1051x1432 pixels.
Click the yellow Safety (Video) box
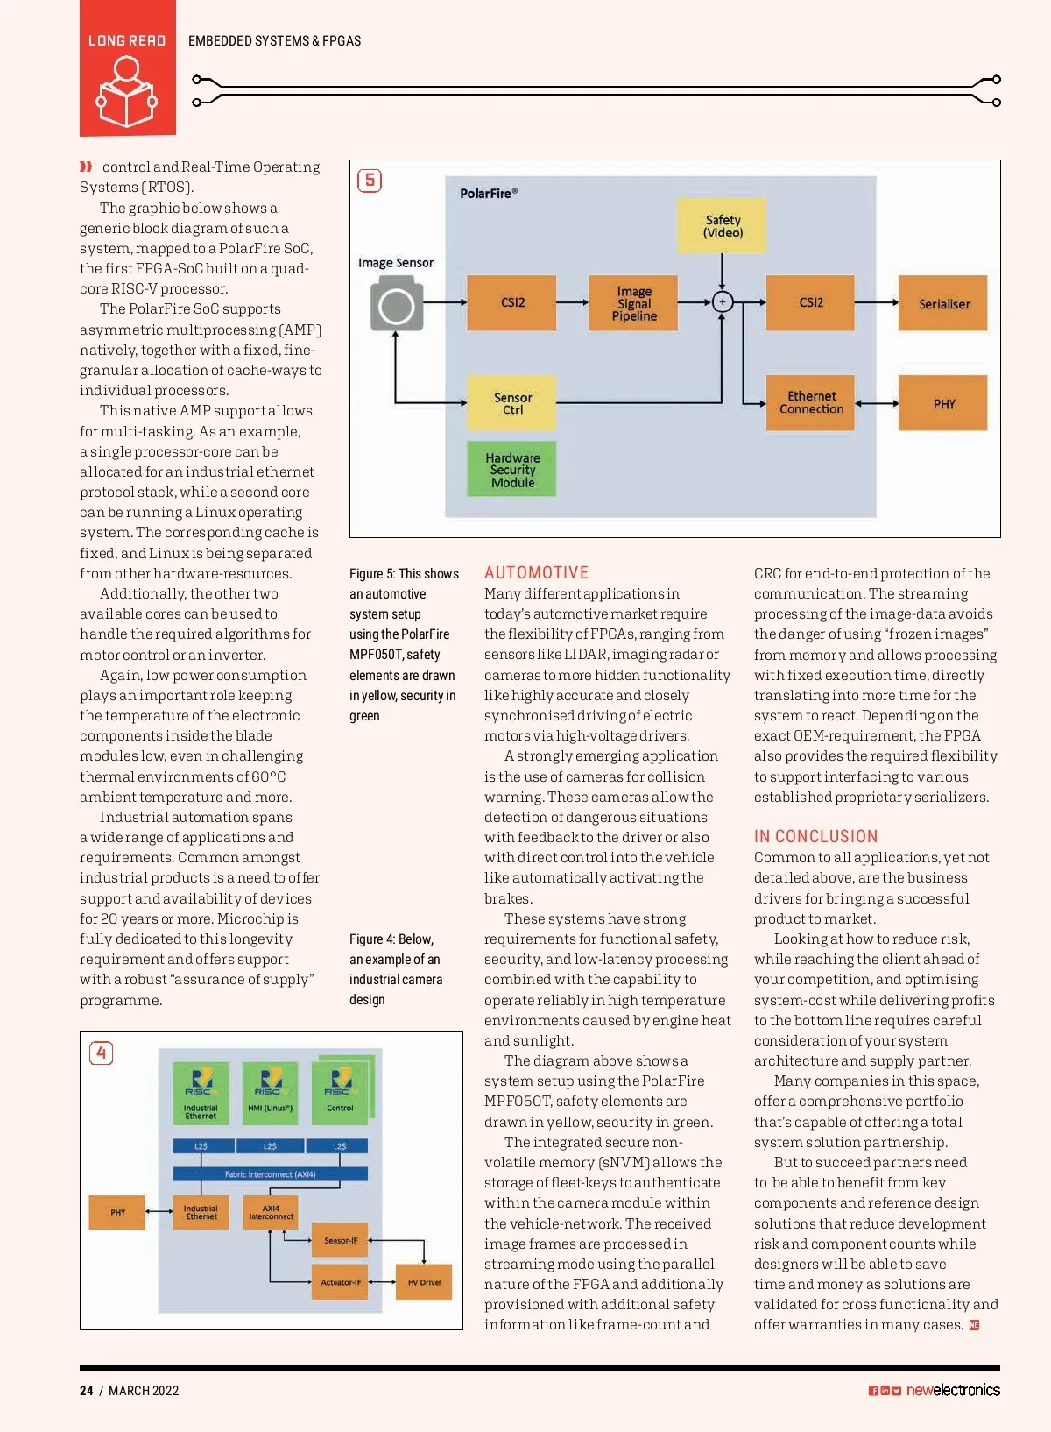coord(723,226)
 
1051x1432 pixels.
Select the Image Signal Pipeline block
coord(634,303)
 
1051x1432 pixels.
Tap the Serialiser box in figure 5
coord(943,303)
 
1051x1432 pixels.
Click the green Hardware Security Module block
coord(512,470)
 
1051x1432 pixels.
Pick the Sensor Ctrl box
coord(512,403)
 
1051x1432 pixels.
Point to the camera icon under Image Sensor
coord(397,304)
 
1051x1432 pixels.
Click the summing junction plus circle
coord(722,301)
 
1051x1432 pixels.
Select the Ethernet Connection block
coord(811,403)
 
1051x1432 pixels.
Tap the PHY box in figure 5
coord(943,403)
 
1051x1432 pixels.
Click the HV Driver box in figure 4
coord(424,1282)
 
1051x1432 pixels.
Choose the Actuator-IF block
coord(340,1282)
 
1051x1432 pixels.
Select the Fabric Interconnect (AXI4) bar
coord(270,1174)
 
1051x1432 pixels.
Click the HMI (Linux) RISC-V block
coord(270,1092)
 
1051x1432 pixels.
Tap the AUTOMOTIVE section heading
coord(536,572)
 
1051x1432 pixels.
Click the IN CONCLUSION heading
coord(815,836)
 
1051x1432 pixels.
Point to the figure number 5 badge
coord(370,181)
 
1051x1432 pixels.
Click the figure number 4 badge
coord(102,1053)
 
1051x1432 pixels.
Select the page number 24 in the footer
coord(86,1390)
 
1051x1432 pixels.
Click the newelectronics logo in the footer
coord(952,1390)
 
